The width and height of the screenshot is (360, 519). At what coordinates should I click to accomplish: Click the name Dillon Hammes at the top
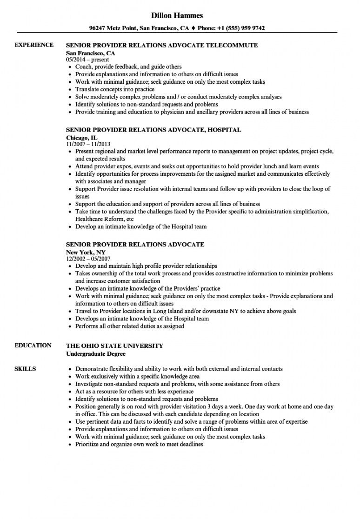(180, 15)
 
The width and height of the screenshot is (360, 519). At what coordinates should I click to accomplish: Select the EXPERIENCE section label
(34, 45)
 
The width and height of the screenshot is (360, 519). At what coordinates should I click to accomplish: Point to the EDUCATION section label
(33, 345)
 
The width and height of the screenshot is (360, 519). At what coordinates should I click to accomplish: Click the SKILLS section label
(25, 369)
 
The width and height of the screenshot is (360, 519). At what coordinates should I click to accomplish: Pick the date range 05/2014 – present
(87, 60)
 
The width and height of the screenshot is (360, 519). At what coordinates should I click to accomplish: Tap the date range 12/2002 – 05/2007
(89, 259)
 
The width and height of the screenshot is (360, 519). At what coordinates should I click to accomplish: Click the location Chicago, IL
(82, 138)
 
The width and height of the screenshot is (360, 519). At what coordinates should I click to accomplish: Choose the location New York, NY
(86, 252)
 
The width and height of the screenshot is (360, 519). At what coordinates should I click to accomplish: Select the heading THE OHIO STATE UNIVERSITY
(115, 346)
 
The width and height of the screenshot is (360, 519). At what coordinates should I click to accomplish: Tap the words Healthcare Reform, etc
(105, 219)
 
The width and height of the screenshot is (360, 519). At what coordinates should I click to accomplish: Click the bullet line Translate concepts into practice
(115, 89)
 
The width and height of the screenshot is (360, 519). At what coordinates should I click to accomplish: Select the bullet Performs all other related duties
(130, 326)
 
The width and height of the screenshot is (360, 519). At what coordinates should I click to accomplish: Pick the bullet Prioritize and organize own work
(140, 444)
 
